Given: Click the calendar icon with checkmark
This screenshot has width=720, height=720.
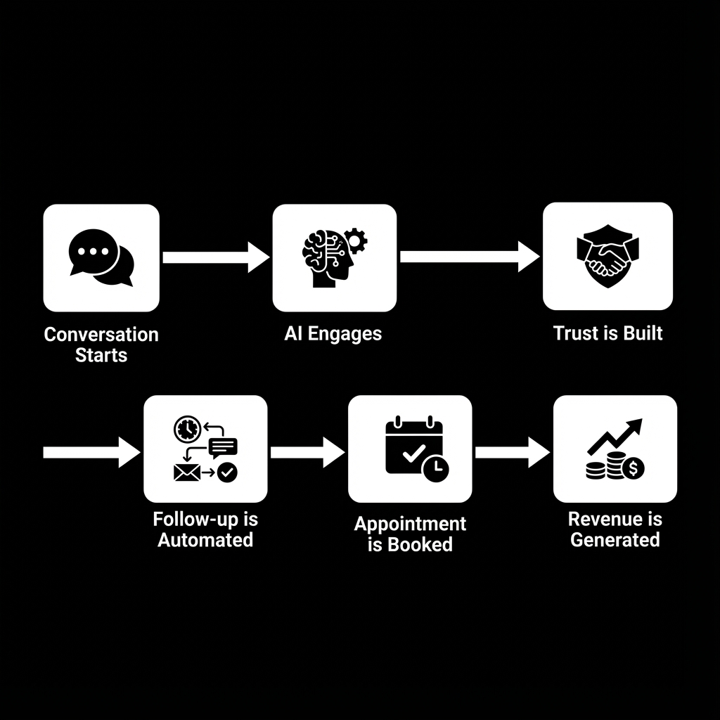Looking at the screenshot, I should click(415, 449).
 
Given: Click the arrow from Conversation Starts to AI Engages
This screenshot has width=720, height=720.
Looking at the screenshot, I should click(215, 257).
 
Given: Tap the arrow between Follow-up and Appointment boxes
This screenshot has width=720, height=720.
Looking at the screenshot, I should click(307, 452).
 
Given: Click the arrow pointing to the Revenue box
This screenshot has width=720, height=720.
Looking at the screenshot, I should click(512, 452).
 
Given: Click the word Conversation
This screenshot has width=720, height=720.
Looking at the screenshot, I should click(101, 335).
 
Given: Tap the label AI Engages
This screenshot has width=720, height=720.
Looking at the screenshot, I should click(333, 334).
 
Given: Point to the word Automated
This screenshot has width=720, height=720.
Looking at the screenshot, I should click(205, 540).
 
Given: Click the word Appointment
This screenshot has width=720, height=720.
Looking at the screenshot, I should click(410, 524).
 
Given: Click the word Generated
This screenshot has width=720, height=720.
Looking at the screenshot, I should click(615, 540).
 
